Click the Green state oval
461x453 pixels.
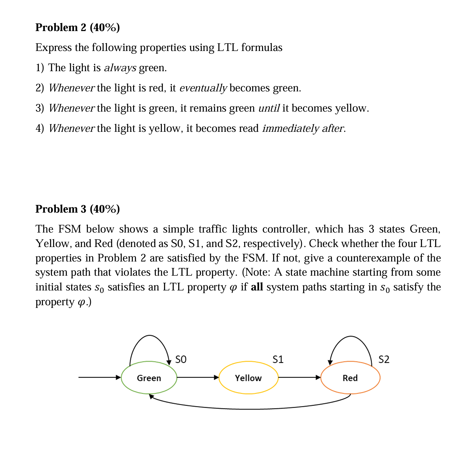149,378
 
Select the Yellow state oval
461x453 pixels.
248,378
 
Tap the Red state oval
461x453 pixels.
350,378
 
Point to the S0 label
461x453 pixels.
181,359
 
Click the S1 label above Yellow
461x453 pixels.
278,359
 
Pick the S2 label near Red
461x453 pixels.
384,359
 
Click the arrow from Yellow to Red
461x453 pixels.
299,377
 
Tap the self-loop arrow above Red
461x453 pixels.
351,337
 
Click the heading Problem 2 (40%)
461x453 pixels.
78,27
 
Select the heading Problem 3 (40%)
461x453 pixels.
78,209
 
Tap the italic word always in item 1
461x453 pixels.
120,68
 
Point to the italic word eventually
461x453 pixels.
203,88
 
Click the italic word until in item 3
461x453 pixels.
269,108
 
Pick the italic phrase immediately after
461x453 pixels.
303,128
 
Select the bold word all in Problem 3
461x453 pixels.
257,287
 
